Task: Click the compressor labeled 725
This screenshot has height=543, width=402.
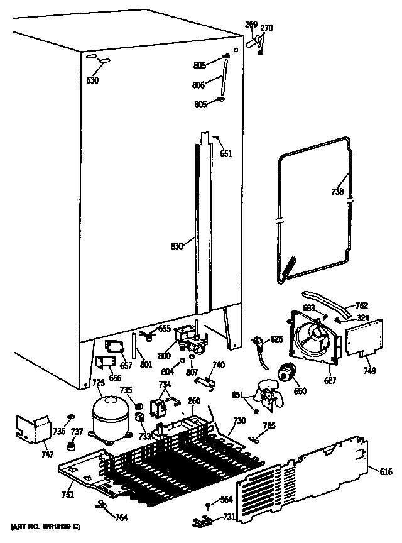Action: tap(111, 414)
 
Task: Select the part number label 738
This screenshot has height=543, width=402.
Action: tap(337, 192)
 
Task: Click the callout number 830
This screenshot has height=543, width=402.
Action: tap(176, 246)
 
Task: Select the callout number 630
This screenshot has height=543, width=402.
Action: tap(93, 80)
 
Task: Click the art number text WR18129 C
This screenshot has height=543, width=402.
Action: tap(45, 525)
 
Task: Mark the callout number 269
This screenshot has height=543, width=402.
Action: tap(251, 25)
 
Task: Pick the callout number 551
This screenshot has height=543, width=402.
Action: tap(225, 153)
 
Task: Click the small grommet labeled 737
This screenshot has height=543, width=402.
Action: tap(72, 447)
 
